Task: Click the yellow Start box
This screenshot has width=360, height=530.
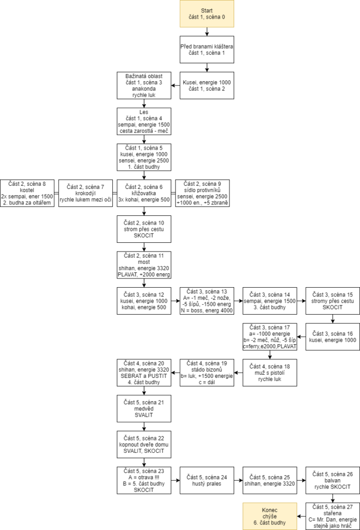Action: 207,13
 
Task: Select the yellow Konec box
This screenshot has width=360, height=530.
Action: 270,516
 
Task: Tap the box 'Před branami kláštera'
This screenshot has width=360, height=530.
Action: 207,49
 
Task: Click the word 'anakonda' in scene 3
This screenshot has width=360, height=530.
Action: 144,89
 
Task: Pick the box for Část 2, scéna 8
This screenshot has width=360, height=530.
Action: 27,194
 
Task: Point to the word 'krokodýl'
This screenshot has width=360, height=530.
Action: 85,194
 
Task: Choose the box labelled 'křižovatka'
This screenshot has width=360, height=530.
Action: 144,194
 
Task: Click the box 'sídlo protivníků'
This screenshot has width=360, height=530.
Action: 203,194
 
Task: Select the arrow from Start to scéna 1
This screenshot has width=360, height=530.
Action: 207,32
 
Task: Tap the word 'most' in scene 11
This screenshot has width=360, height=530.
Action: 144,262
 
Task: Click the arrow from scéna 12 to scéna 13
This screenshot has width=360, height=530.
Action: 176,301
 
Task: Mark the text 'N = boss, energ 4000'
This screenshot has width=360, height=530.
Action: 207,311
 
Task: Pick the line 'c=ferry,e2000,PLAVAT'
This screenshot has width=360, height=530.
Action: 270,346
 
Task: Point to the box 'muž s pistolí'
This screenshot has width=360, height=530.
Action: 270,373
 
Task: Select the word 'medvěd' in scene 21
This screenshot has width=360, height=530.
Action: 144,409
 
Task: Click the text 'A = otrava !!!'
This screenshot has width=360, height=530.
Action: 144,477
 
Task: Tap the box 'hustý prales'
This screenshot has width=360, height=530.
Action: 207,480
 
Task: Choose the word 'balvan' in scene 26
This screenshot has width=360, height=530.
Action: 333,480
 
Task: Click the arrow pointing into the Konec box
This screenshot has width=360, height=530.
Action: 301,516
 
